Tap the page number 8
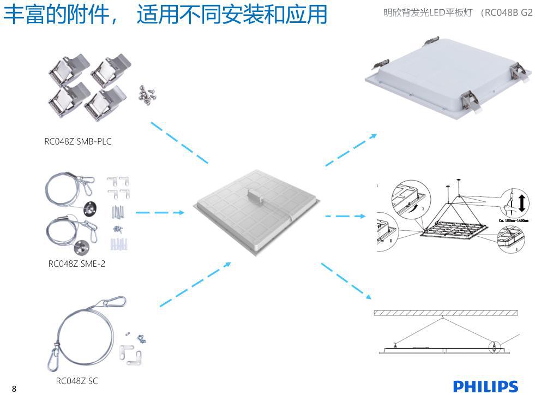pos(14,389)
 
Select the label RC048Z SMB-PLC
pos(78,142)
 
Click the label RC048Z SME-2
pos(77,264)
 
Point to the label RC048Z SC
pos(77,381)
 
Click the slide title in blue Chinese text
pos(165,14)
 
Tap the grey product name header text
pos(458,13)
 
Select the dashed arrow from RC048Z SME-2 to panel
pos(159,212)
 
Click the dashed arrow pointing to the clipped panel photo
pos(351,149)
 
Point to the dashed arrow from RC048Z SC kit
pos(195,284)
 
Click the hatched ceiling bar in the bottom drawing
pos(446,313)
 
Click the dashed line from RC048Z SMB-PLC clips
pos(179,142)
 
